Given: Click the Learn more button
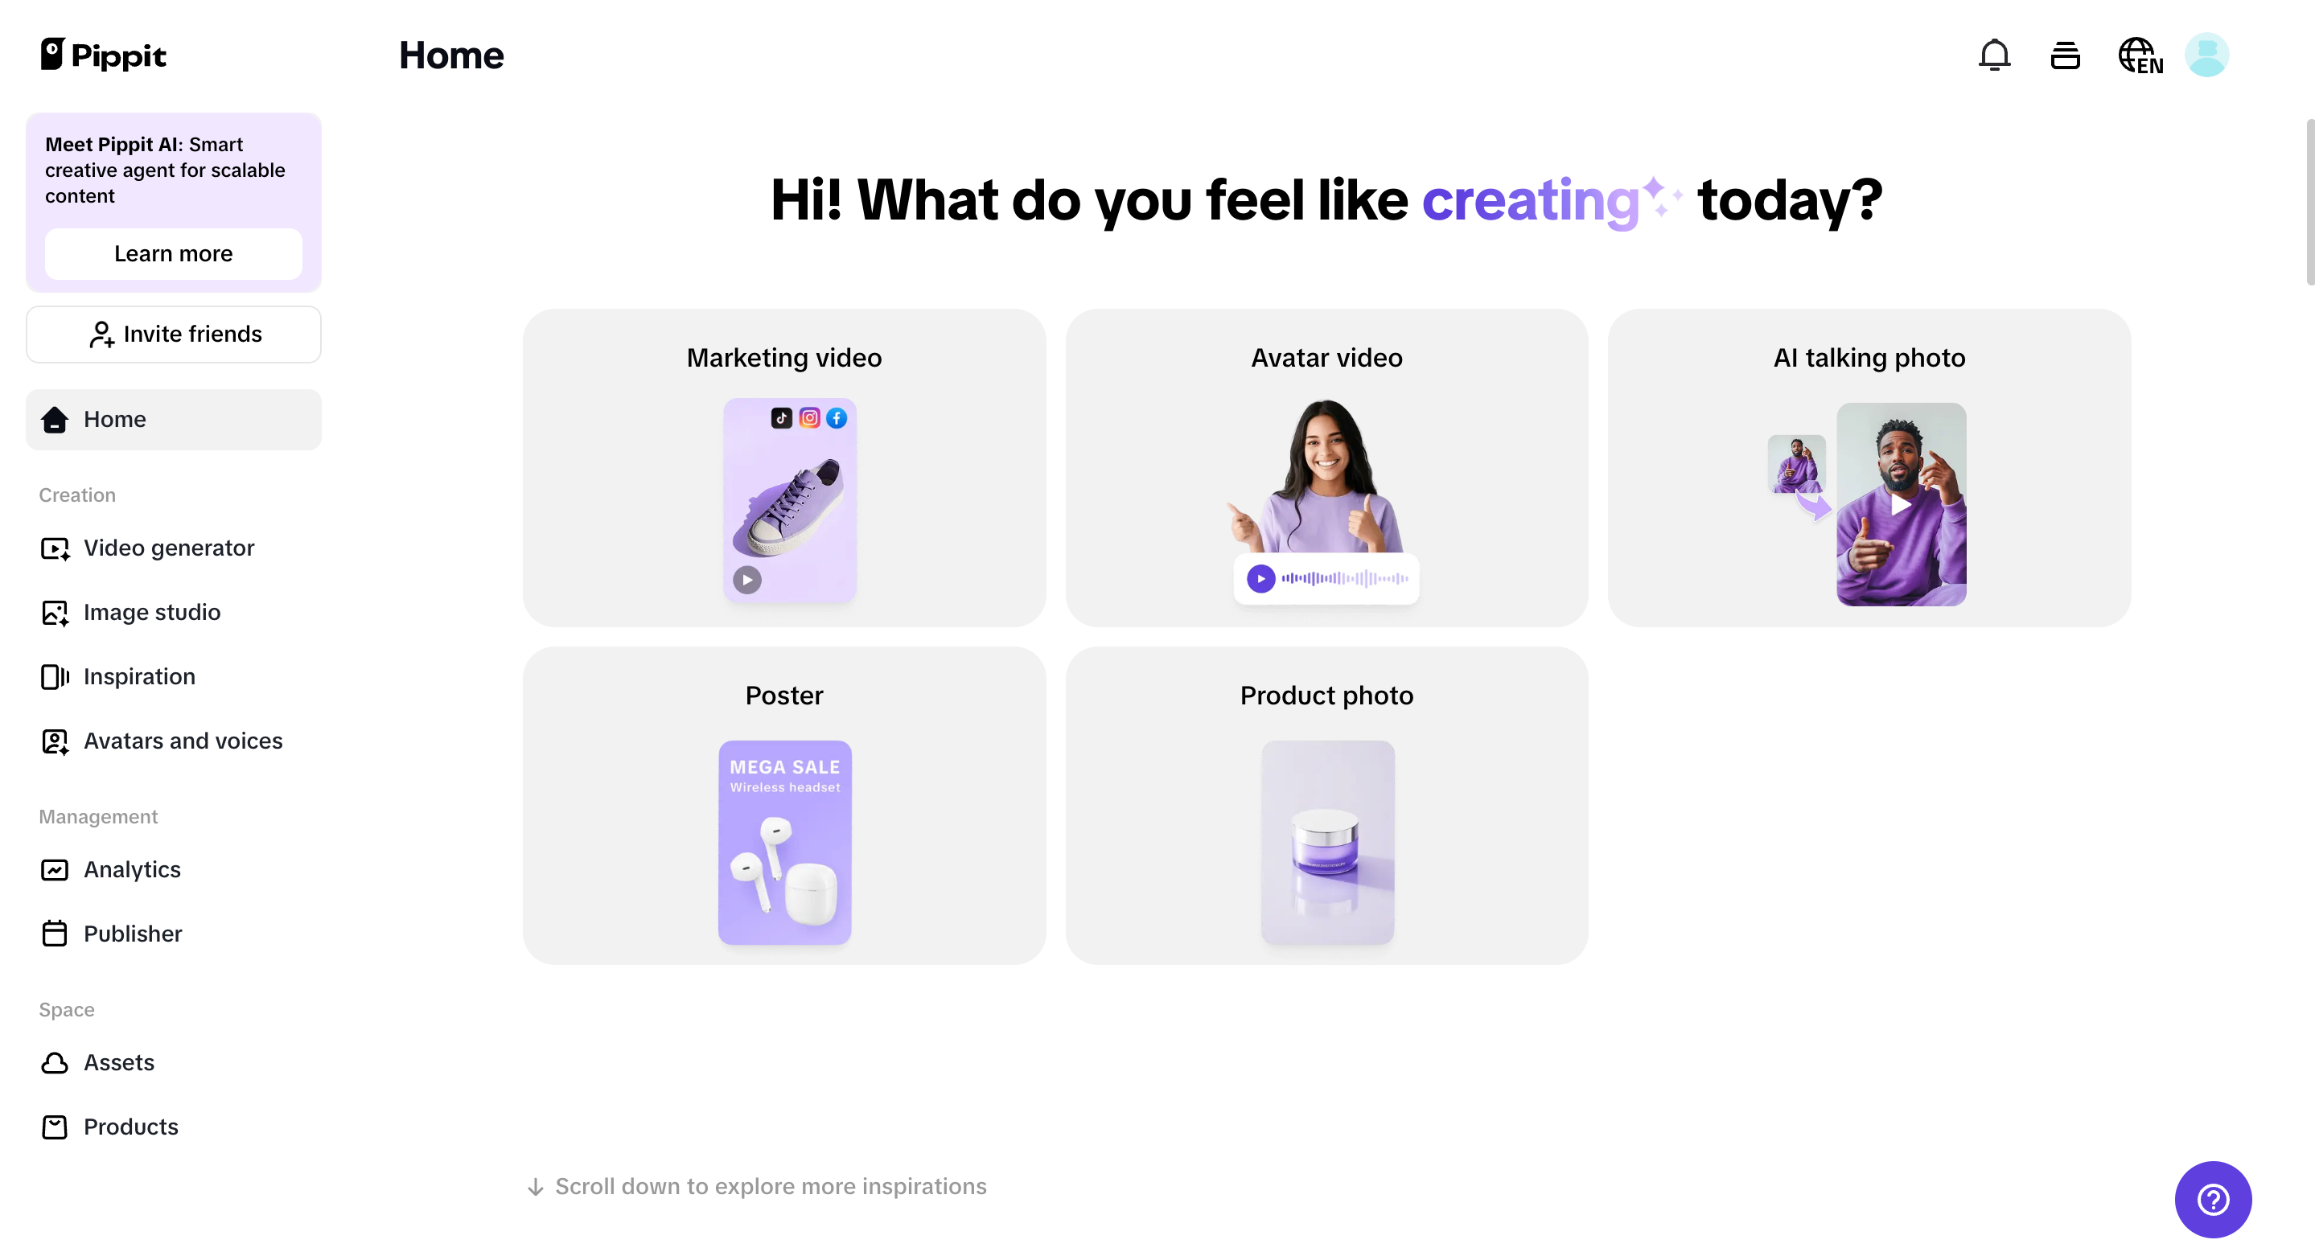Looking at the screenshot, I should pyautogui.click(x=174, y=253).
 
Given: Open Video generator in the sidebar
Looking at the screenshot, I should pyautogui.click(x=168, y=548).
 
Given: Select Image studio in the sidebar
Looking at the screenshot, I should pyautogui.click(x=151, y=613).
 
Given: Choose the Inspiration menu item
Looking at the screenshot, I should pyautogui.click(x=138, y=676).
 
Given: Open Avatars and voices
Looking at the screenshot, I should pyautogui.click(x=183, y=741).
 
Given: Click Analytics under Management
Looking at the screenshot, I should pyautogui.click(x=131, y=870).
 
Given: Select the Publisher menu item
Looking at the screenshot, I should pyautogui.click(x=132, y=934).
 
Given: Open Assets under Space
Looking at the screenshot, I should pyautogui.click(x=118, y=1063).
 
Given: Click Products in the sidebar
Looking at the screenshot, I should pyautogui.click(x=130, y=1127).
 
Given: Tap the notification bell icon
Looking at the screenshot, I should pyautogui.click(x=1994, y=55).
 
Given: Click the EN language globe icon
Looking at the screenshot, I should pyautogui.click(x=2140, y=55).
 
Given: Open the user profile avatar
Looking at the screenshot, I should pyautogui.click(x=2206, y=55).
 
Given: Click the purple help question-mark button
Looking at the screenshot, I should pyautogui.click(x=2213, y=1199).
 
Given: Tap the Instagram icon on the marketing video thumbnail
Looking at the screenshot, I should pyautogui.click(x=810, y=418).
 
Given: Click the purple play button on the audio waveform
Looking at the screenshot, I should pyautogui.click(x=1260, y=579).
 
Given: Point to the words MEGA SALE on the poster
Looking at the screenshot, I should pyautogui.click(x=784, y=767).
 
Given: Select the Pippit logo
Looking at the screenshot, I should pyautogui.click(x=103, y=55).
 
